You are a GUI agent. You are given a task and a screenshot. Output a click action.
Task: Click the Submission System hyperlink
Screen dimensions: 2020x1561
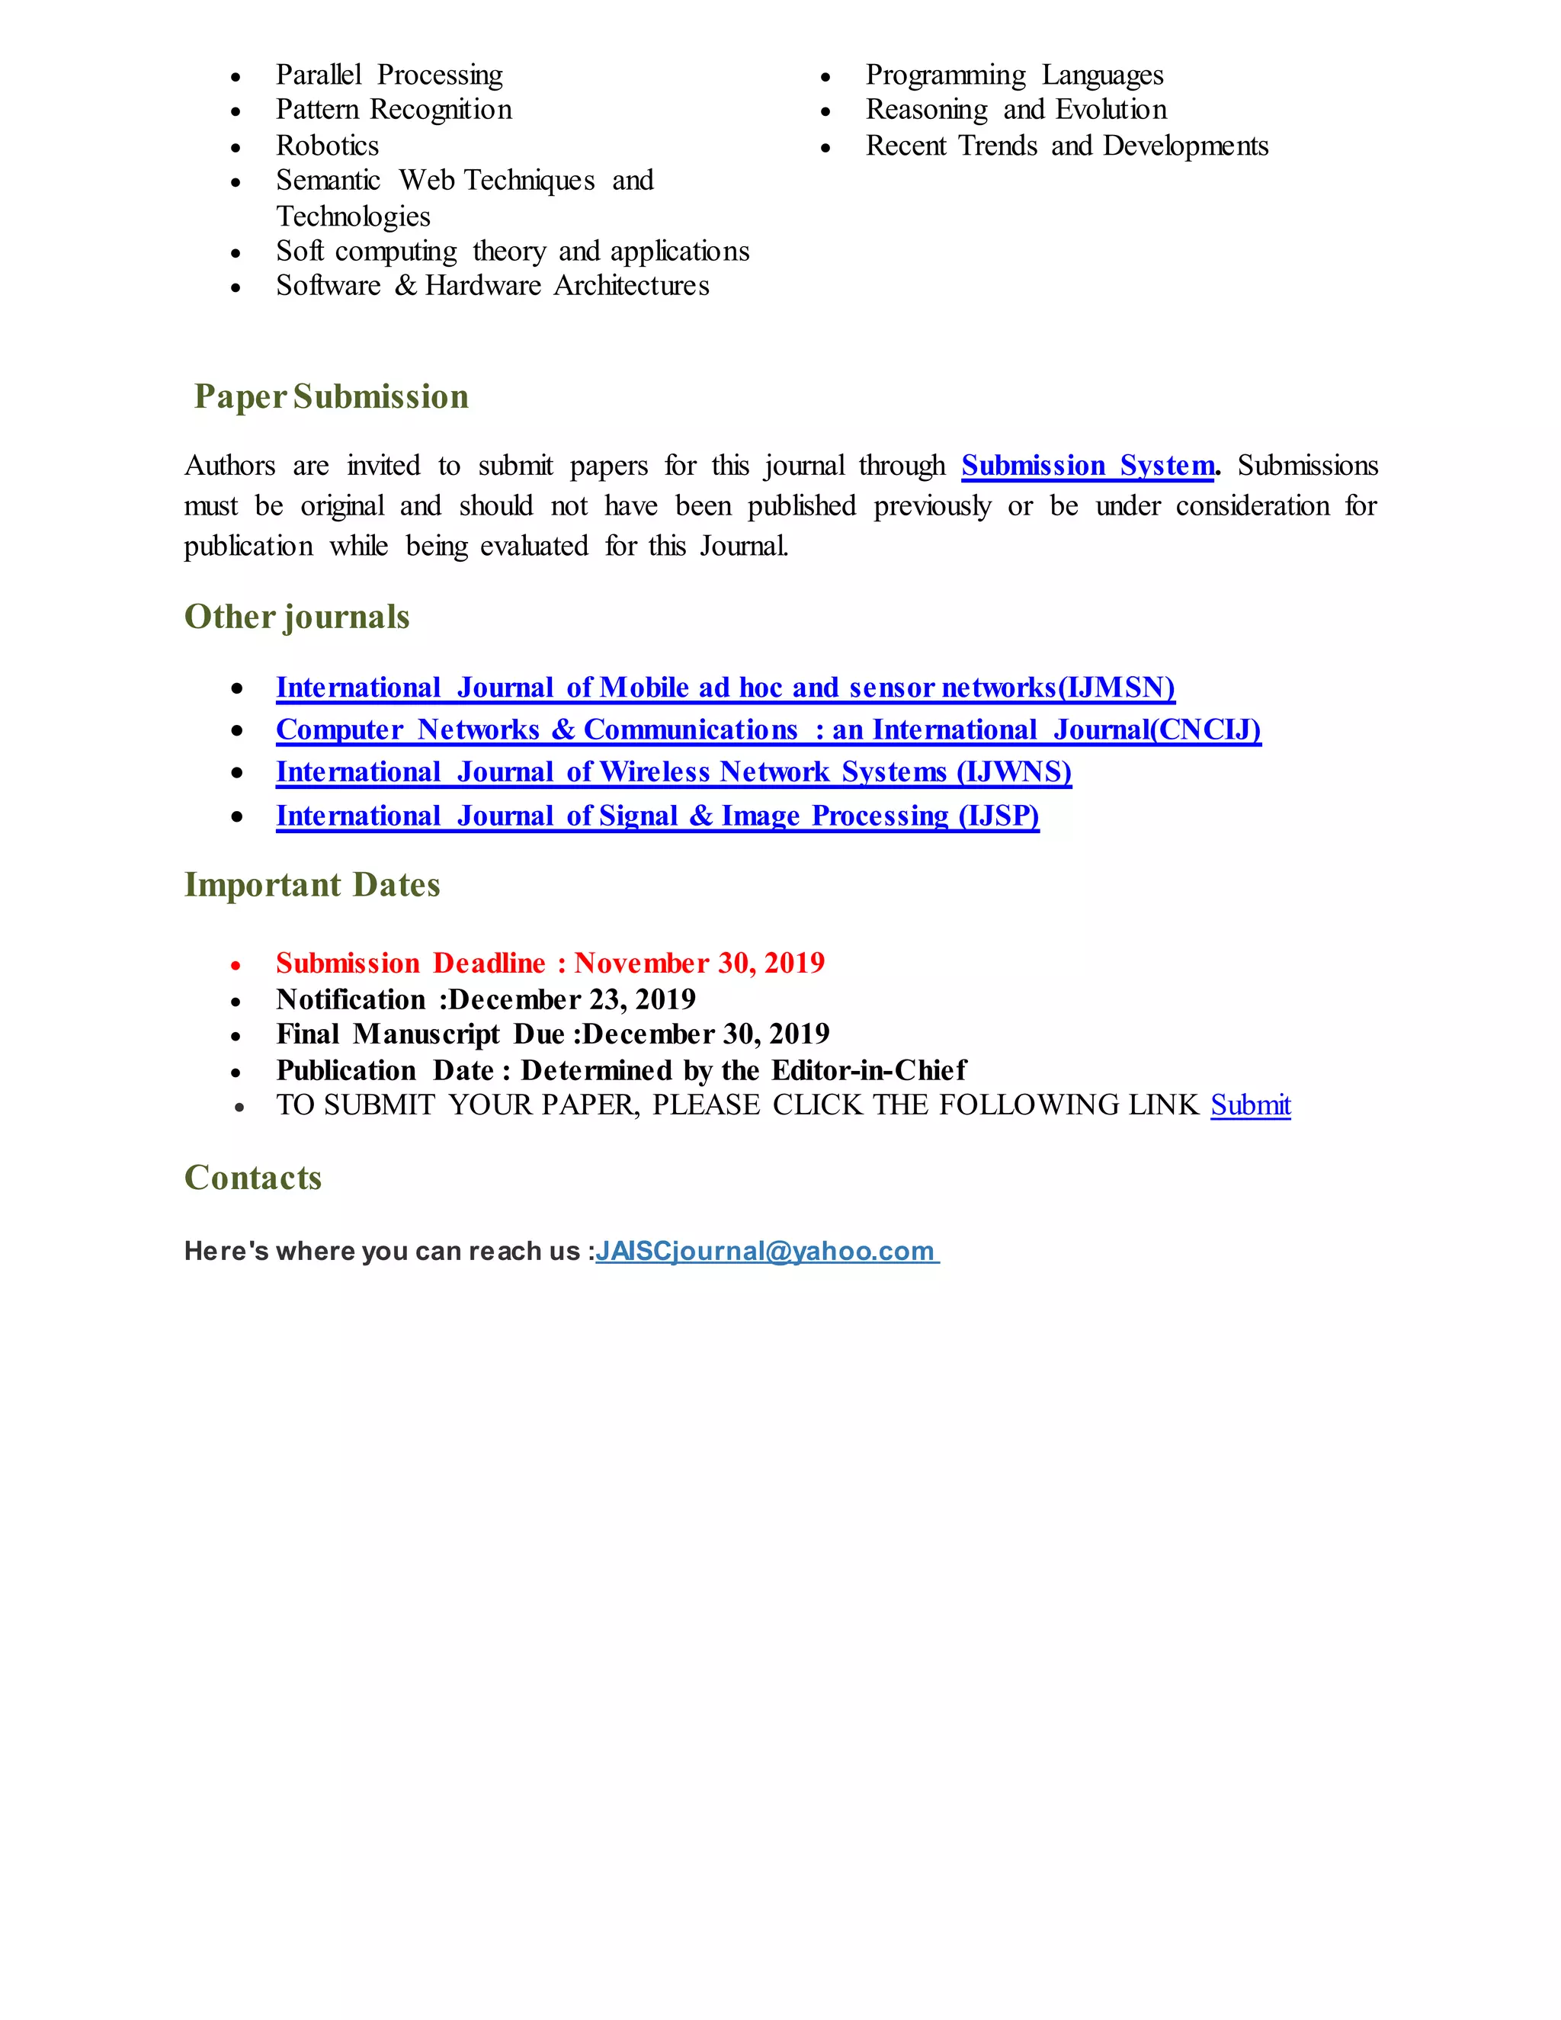pyautogui.click(x=1088, y=465)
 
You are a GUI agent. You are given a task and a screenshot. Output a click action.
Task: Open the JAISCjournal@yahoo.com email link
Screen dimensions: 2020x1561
pyautogui.click(x=766, y=1252)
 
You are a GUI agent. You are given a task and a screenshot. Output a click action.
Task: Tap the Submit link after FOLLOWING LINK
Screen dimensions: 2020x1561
pyautogui.click(x=1250, y=1105)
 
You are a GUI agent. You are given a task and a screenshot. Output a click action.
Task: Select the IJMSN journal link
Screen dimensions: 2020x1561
pyautogui.click(x=725, y=688)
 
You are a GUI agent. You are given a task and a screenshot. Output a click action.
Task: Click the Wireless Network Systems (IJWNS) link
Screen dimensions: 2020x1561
pyautogui.click(x=673, y=772)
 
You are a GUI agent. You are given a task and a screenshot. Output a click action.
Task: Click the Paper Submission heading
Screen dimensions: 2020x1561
pyautogui.click(x=331, y=397)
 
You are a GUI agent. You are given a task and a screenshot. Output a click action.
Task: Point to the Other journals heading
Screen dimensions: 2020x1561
pyautogui.click(x=296, y=617)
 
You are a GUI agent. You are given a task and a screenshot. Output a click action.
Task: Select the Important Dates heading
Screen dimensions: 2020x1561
pyautogui.click(x=312, y=885)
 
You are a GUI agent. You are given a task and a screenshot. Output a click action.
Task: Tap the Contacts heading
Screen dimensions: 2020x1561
pyautogui.click(x=252, y=1178)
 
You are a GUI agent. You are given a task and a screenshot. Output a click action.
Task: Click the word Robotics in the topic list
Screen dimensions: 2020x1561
pyautogui.click(x=327, y=146)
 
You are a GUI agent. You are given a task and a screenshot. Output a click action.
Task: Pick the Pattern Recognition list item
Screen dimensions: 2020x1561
pyautogui.click(x=393, y=110)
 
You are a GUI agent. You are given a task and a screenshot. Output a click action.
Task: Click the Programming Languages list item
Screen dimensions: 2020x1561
pyautogui.click(x=1014, y=75)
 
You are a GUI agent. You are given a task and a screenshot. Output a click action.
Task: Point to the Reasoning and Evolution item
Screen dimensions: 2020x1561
pyautogui.click(x=1015, y=110)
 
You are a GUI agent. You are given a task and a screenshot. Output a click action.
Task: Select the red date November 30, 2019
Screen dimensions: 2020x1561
pyautogui.click(x=699, y=964)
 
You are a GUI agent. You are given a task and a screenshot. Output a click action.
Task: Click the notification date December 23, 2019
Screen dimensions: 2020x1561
pyautogui.click(x=572, y=1000)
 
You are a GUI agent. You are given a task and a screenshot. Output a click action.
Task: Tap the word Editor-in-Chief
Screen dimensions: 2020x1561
pyautogui.click(x=868, y=1071)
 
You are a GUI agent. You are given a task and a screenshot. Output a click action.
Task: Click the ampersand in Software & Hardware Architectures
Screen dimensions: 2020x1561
pyautogui.click(x=405, y=287)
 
